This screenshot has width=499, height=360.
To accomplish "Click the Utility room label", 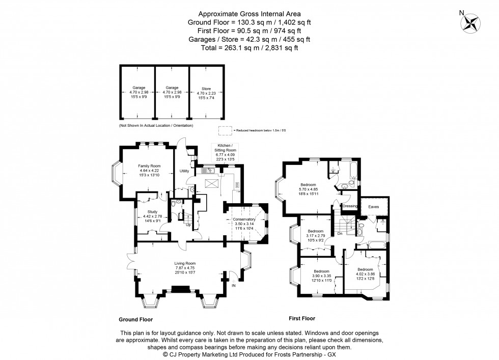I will click(x=184, y=171).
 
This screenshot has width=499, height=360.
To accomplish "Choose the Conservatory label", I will click(x=243, y=219).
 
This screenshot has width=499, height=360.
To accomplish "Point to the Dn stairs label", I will click(x=339, y=234).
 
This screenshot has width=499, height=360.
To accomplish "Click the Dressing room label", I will click(x=351, y=206).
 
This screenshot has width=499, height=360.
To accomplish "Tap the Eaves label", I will click(x=373, y=207).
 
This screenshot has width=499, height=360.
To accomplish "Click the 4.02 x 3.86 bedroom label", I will click(x=365, y=269).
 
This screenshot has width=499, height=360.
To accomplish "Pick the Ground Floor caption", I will click(x=135, y=320).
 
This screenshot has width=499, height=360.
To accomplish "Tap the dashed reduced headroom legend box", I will click(x=224, y=130).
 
